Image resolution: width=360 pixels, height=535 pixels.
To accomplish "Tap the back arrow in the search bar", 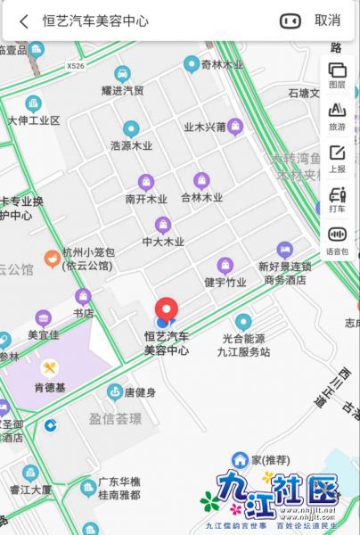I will coord(24,21).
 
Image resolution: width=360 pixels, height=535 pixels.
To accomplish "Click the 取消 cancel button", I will coord(327,21).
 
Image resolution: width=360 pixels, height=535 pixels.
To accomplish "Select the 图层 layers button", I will coord(337,74).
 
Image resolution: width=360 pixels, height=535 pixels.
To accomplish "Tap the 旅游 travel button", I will coord(337,115).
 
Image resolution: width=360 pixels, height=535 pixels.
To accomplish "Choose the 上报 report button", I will coord(337,158).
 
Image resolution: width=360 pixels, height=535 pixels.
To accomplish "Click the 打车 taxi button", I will coord(337,199).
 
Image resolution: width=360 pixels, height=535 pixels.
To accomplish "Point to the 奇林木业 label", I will coord(223,64).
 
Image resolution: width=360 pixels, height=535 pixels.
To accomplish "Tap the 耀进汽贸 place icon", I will coord(122,73).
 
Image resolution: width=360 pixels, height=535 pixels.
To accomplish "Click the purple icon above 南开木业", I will coord(145,182).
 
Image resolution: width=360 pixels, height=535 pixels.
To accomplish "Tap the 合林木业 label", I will coord(201,198).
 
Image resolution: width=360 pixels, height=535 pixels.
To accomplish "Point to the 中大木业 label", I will coord(162,241).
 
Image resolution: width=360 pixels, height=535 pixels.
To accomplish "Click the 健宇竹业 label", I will coord(225,282).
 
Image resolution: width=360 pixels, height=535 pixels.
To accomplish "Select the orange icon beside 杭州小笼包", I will coord(52,259).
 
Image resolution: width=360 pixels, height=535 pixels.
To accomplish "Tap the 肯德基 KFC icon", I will coord(51,367).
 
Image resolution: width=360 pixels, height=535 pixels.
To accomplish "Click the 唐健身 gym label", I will coord(140,392).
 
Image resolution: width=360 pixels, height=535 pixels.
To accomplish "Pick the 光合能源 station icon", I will coord(242,321).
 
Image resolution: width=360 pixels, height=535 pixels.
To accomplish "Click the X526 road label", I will coord(77,65).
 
